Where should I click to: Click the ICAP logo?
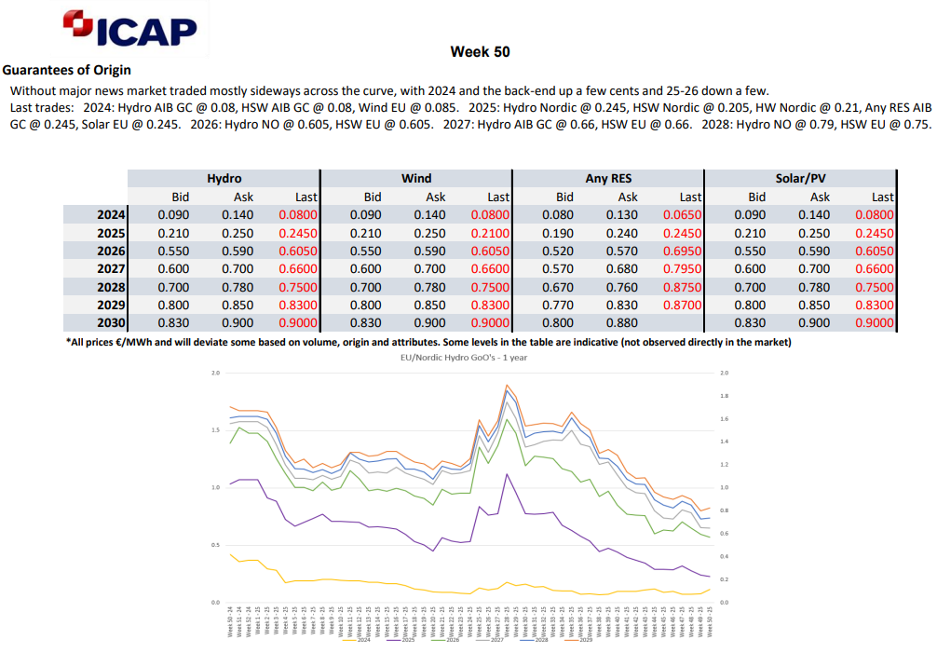point(130,29)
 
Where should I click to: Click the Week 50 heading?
point(480,52)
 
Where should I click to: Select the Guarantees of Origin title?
point(66,70)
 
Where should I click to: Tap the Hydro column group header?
point(224,178)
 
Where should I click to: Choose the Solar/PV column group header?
point(801,178)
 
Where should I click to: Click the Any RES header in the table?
point(609,178)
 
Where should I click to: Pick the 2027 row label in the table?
point(110,269)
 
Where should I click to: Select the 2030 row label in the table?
point(110,322)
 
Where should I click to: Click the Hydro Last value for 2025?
point(298,233)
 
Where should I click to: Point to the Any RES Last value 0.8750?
point(683,287)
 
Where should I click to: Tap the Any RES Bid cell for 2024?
point(564,215)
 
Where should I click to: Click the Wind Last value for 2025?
point(490,233)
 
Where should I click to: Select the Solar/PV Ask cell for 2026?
point(820,252)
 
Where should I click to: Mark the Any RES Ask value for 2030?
point(628,322)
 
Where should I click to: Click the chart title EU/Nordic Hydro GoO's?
point(463,357)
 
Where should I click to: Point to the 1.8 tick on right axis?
point(726,396)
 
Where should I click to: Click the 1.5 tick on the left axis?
point(215,430)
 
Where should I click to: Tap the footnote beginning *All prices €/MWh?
point(428,342)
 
